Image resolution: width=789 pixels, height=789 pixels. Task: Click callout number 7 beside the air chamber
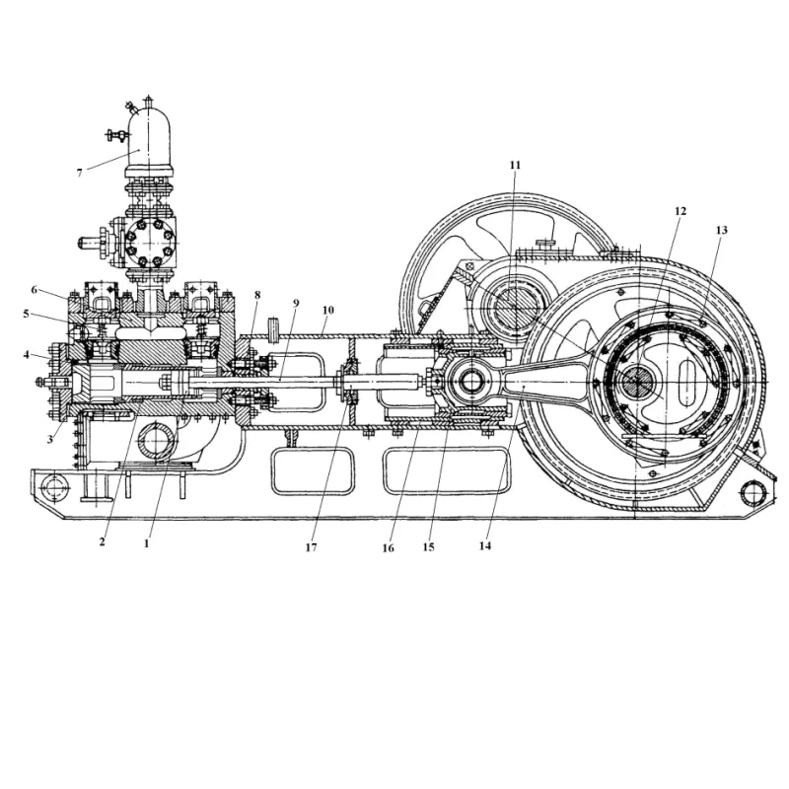[79, 174]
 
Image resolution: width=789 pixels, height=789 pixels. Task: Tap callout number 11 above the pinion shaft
[515, 165]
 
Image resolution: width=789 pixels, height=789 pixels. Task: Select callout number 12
[681, 211]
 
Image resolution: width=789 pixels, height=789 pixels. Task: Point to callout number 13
[722, 230]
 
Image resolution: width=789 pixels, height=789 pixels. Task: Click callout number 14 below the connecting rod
[484, 545]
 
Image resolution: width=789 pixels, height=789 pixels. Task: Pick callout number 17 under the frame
[311, 547]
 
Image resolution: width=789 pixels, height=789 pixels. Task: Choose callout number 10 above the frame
[328, 310]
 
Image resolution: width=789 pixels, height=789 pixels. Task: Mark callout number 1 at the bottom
[146, 543]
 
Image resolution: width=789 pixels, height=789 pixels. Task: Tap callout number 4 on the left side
[27, 355]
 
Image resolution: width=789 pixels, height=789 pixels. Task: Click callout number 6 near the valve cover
[35, 290]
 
